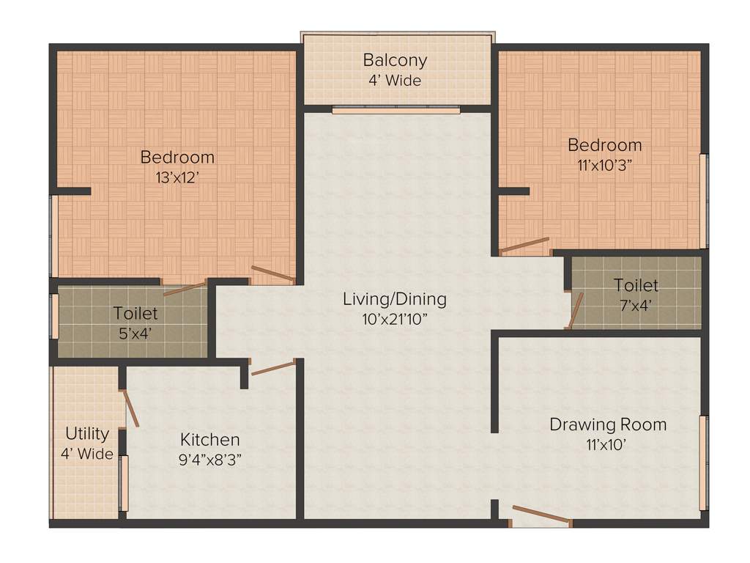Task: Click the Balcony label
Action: pyautogui.click(x=395, y=60)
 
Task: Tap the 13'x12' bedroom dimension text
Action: pyautogui.click(x=177, y=177)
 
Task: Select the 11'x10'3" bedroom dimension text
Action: pyautogui.click(x=604, y=165)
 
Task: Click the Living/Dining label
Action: pyautogui.click(x=395, y=299)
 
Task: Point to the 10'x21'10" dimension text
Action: pyautogui.click(x=395, y=320)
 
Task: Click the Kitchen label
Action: pyautogui.click(x=210, y=440)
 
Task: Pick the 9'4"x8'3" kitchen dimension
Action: pyautogui.click(x=210, y=460)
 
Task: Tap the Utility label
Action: pyautogui.click(x=87, y=433)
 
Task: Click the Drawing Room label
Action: pyautogui.click(x=608, y=424)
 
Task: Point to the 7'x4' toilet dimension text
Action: pyautogui.click(x=636, y=305)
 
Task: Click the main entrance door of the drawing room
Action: pyautogui.click(x=541, y=515)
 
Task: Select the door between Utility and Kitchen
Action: pyautogui.click(x=131, y=408)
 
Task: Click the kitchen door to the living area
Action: pyautogui.click(x=272, y=367)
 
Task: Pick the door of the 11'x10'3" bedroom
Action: pyautogui.click(x=524, y=245)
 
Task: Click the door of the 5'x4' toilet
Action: pyautogui.click(x=185, y=289)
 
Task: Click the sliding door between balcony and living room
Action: pyautogui.click(x=396, y=111)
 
